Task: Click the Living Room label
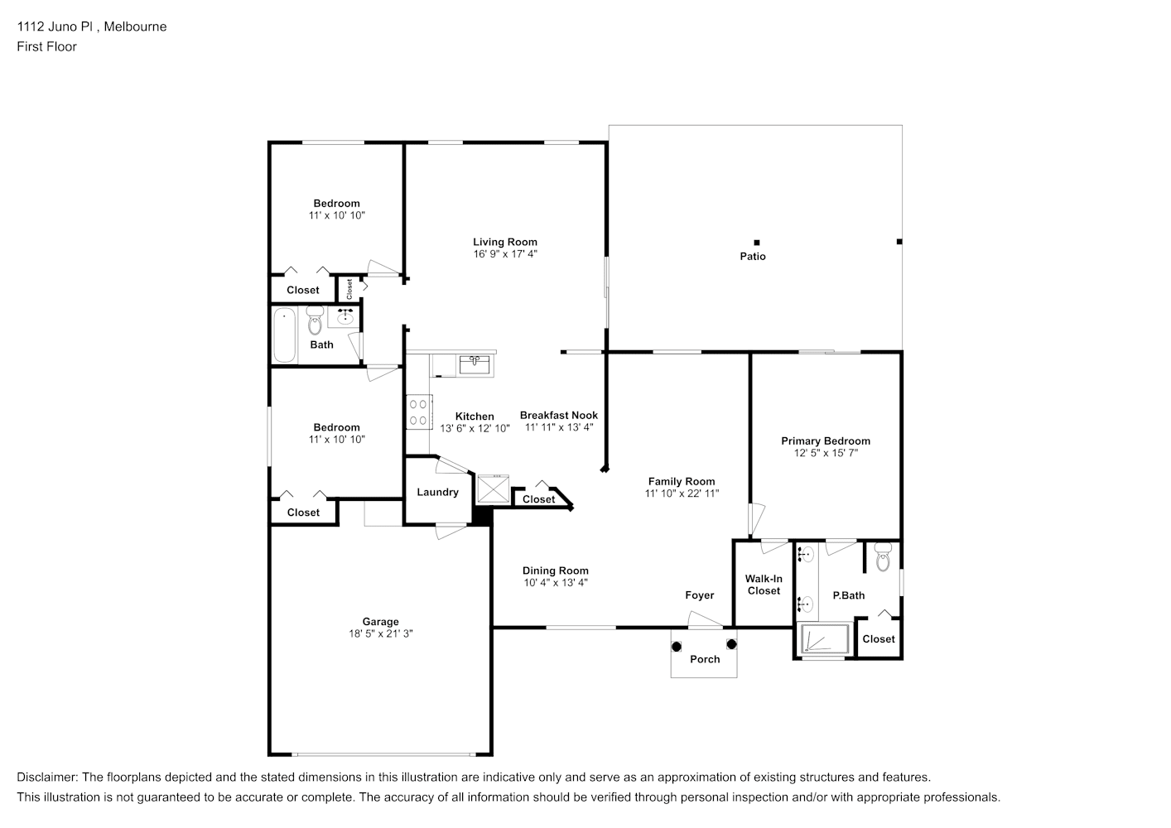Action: [x=505, y=242]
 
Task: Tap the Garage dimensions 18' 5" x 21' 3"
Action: [x=381, y=633]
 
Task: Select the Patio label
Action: [x=753, y=256]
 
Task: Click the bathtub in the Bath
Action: [x=285, y=335]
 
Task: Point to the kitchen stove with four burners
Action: [x=419, y=412]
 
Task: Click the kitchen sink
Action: [x=475, y=365]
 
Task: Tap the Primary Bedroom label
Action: [x=826, y=440]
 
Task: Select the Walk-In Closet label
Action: [x=764, y=585]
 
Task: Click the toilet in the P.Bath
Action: [x=883, y=556]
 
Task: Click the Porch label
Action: [x=705, y=659]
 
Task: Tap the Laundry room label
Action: [x=437, y=492]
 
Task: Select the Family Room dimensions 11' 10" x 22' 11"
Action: [x=682, y=493]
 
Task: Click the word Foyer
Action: [x=700, y=595]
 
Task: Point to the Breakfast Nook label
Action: [x=559, y=415]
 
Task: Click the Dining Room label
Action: [x=555, y=570]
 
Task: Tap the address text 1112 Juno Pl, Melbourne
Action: [x=92, y=26]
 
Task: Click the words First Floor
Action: [x=46, y=46]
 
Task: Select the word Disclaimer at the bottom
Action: [x=46, y=777]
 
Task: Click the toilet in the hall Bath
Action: [x=315, y=320]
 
